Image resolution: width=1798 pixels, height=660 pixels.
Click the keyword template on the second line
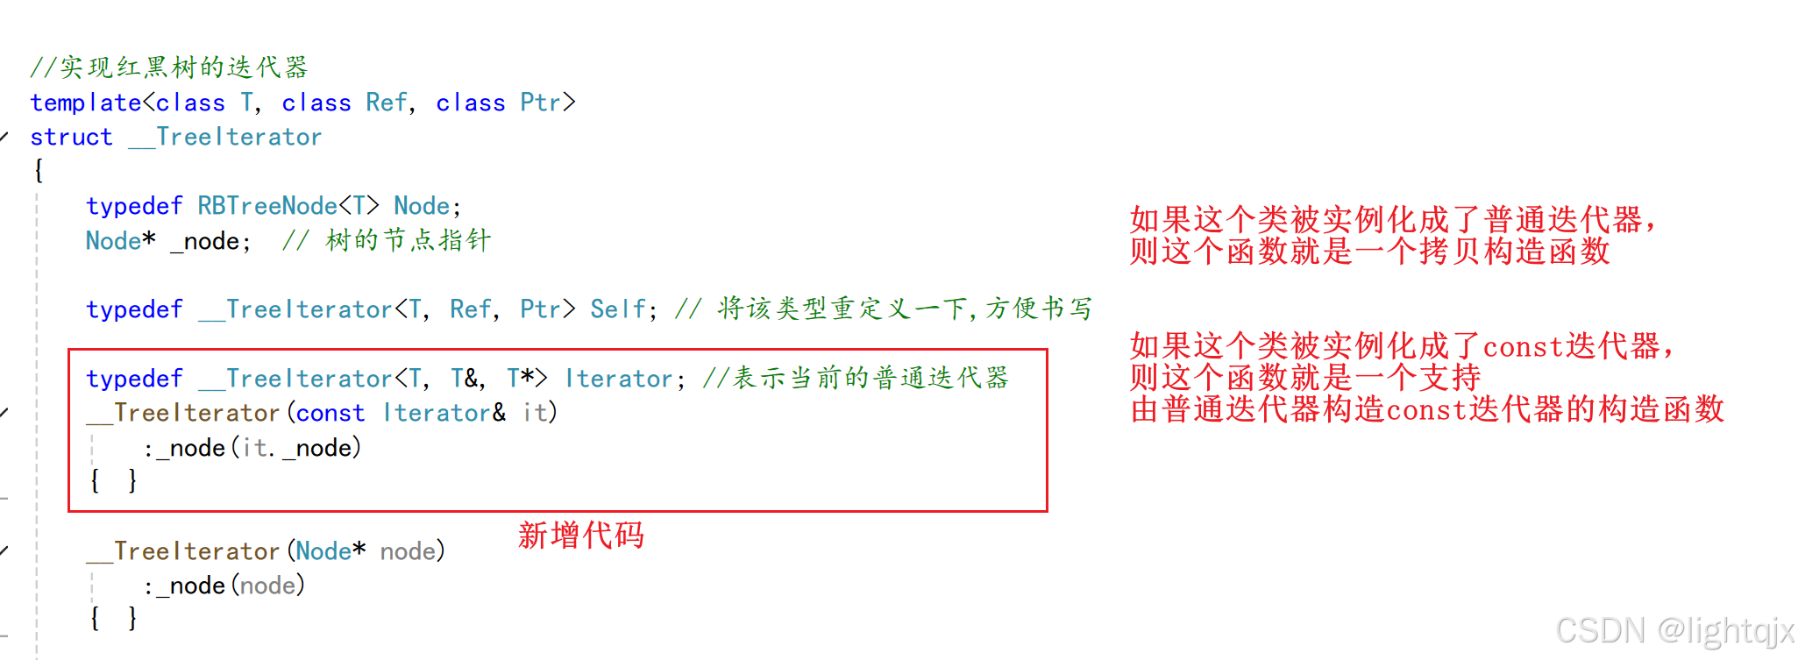point(86,103)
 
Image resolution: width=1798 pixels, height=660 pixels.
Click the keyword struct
point(71,138)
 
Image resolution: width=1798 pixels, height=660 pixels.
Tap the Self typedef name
point(617,309)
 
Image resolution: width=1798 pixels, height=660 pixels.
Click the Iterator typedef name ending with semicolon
point(618,379)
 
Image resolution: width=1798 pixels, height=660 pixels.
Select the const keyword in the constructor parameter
point(330,413)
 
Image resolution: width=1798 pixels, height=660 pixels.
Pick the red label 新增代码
point(580,535)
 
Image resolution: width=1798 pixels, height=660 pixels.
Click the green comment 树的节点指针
point(408,240)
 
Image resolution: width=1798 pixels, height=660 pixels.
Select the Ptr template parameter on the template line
point(540,103)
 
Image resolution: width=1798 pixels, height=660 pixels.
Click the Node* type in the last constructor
point(330,551)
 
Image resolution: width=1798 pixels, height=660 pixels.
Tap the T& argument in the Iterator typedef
point(467,379)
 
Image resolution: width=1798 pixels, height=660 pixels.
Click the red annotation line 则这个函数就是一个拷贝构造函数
point(1369,252)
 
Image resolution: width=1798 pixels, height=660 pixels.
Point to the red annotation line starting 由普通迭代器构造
point(1427,409)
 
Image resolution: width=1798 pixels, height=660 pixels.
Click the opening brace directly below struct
point(39,170)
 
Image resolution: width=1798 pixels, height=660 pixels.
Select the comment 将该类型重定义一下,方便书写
point(903,309)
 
